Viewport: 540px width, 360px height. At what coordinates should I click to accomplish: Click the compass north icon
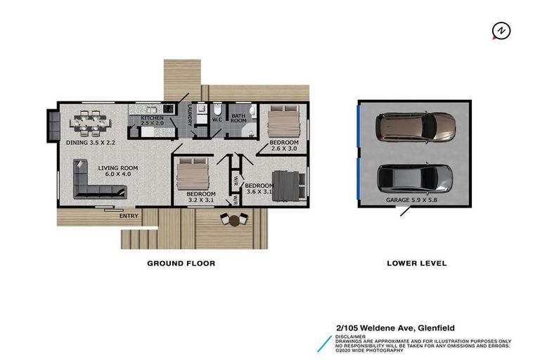coord(501,32)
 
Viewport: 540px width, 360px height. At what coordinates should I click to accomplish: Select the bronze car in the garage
coord(415,126)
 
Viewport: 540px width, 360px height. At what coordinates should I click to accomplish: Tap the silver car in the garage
coord(416,179)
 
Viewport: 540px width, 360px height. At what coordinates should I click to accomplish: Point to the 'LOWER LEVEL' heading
coord(416,264)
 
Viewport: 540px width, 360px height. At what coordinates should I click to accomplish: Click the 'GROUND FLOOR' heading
coord(181,264)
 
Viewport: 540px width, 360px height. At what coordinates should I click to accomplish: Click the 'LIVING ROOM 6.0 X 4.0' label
coord(117,172)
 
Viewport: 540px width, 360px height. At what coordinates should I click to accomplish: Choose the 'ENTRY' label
coord(129,216)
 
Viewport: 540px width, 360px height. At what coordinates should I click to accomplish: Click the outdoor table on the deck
coord(234,219)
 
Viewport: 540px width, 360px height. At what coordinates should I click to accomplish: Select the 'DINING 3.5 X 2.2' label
coord(91,142)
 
